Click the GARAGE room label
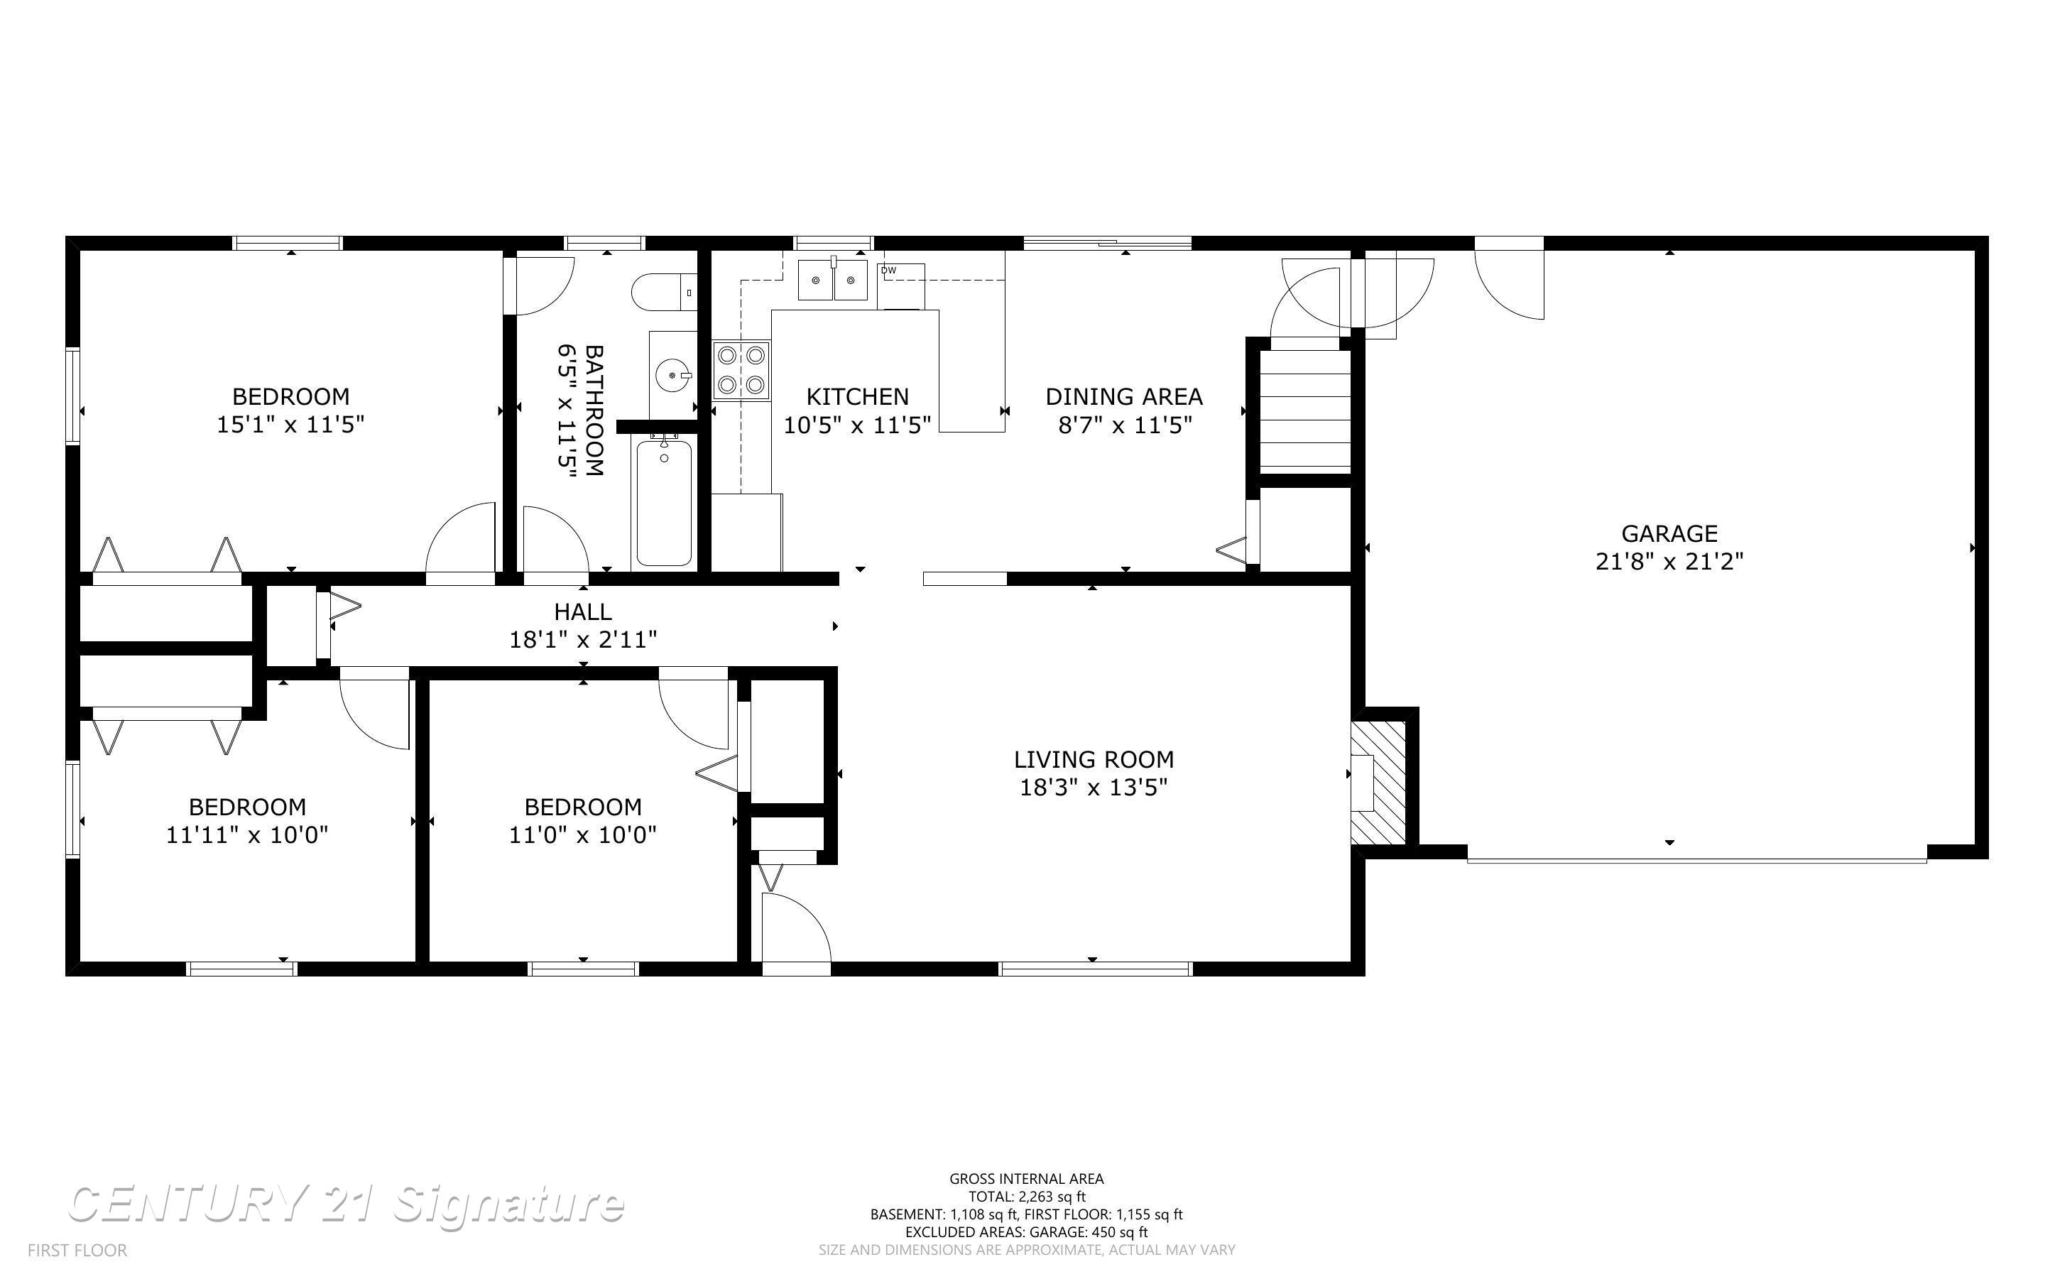[1669, 533]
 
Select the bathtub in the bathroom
[664, 501]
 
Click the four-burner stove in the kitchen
[741, 370]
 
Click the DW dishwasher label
[889, 270]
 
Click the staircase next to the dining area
[1304, 411]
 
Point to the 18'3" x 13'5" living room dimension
[1094, 787]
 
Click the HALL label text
[582, 611]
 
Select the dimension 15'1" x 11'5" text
[290, 425]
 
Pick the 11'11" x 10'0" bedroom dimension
[247, 834]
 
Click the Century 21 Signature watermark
[346, 1204]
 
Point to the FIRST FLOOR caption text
[77, 1250]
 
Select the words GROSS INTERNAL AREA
[1025, 1178]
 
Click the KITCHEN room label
[856, 396]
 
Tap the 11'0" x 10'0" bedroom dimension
[582, 834]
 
